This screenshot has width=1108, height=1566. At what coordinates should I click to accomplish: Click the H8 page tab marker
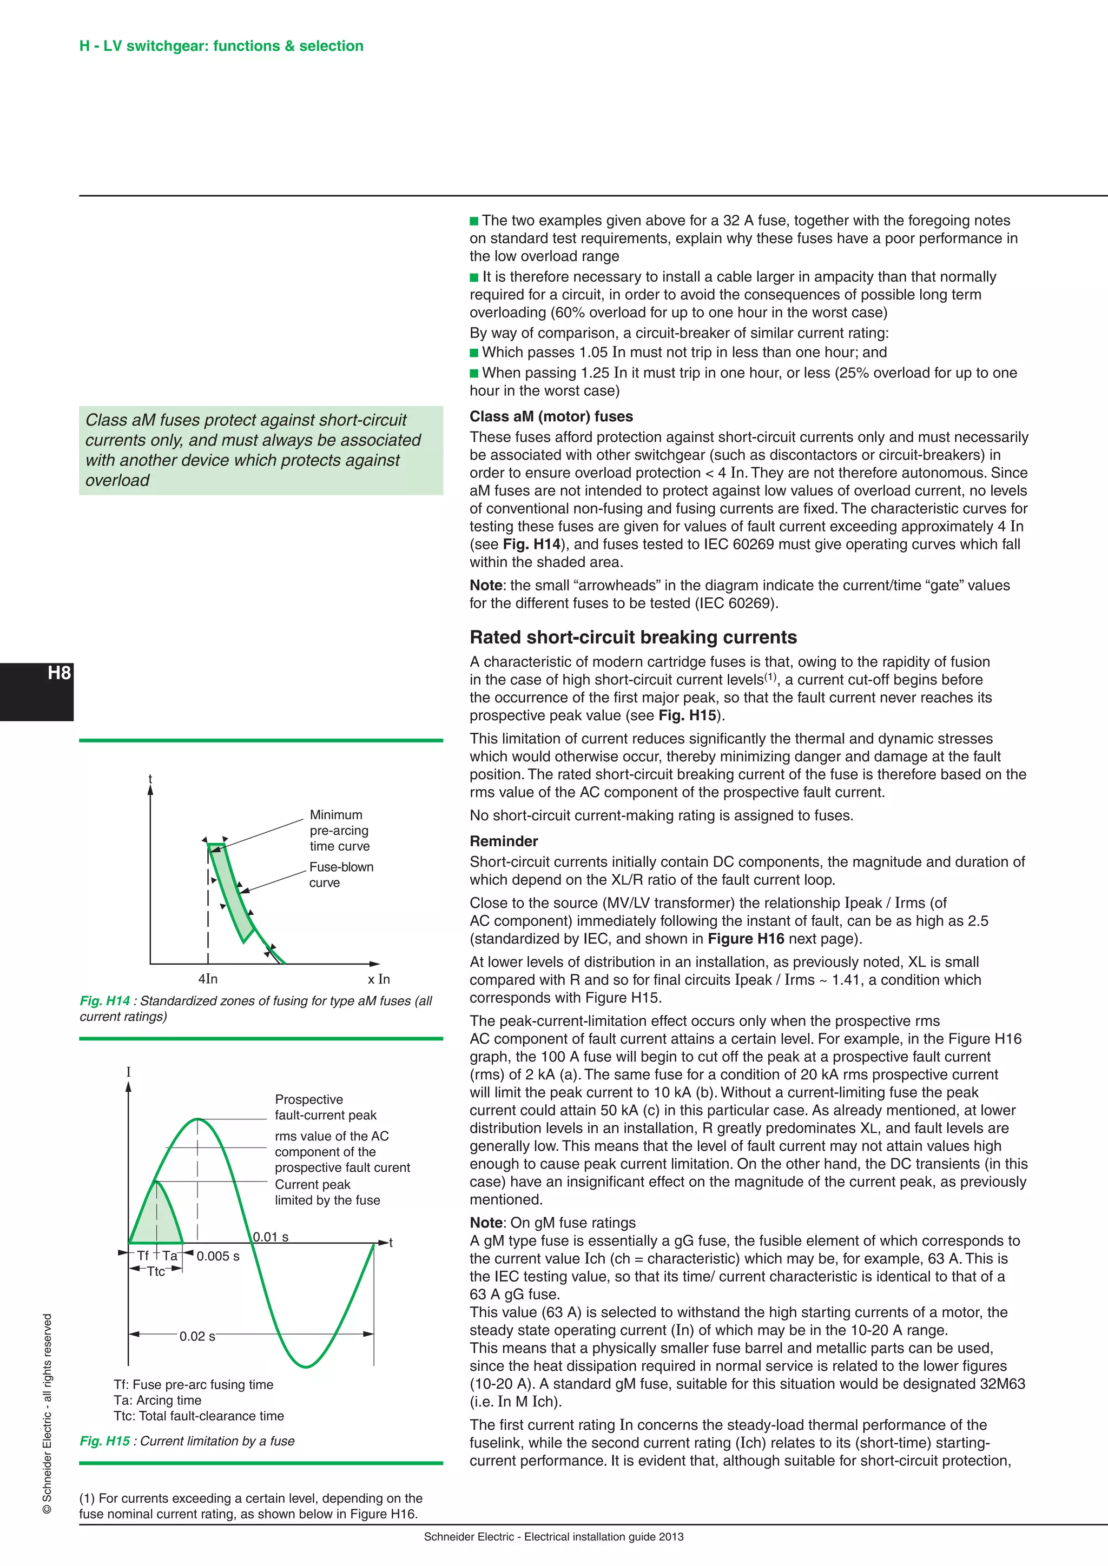coord(58,673)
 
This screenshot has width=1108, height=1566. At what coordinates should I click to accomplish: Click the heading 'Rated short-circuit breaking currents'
coord(632,637)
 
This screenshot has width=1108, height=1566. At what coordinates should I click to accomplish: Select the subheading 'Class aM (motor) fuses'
coord(551,417)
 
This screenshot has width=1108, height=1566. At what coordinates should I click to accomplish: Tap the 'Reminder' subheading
coord(504,841)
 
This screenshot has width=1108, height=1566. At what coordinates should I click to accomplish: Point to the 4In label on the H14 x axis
coord(208,979)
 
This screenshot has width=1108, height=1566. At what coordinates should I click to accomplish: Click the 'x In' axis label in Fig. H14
coord(379,979)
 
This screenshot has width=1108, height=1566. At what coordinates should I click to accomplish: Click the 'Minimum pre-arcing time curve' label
coord(339,830)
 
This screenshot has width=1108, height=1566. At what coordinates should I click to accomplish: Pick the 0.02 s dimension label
coord(197,1336)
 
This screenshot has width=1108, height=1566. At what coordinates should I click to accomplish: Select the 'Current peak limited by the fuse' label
coord(327,1192)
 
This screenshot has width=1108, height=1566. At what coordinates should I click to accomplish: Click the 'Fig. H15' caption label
coord(104,1441)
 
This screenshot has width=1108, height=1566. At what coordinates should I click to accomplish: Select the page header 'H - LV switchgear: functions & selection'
coord(221,47)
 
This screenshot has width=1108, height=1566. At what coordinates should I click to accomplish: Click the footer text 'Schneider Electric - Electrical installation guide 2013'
coord(553,1537)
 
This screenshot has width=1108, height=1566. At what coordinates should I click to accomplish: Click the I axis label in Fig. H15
coord(128,1072)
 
